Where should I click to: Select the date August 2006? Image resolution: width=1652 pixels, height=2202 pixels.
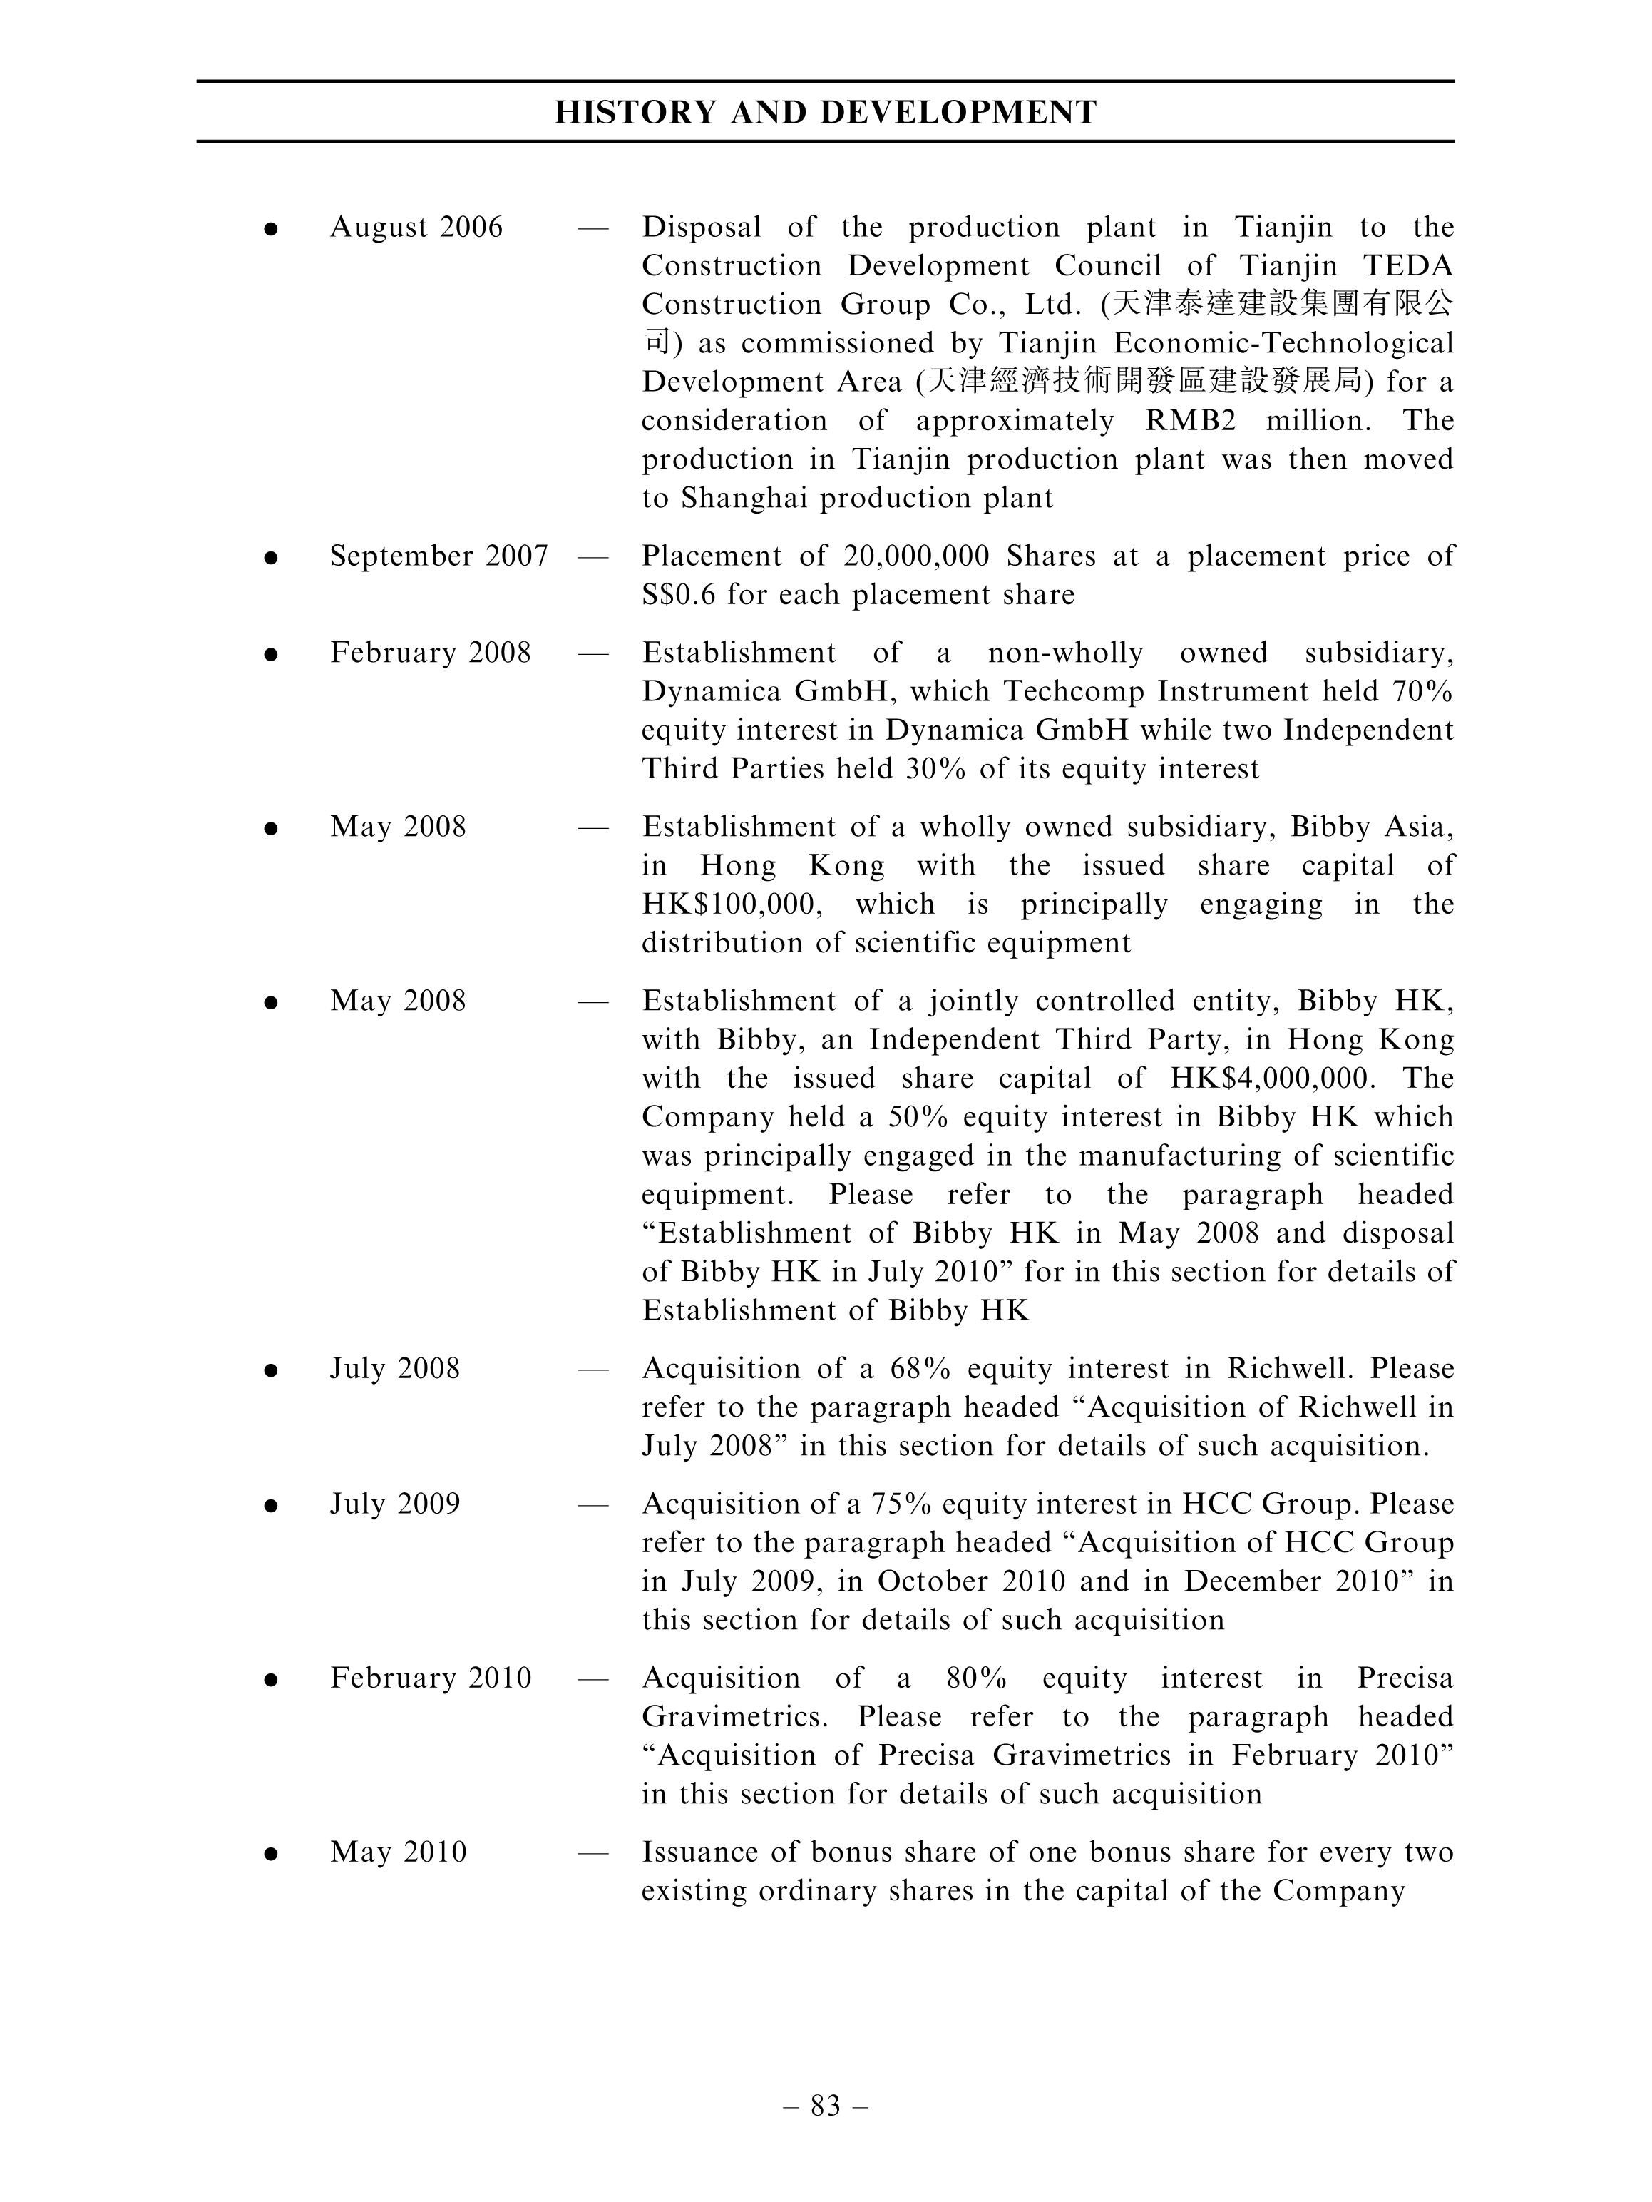(x=416, y=228)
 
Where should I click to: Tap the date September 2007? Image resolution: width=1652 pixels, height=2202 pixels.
(x=439, y=556)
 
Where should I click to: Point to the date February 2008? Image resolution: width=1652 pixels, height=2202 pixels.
(x=430, y=653)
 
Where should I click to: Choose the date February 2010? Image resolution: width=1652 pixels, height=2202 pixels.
(x=431, y=1678)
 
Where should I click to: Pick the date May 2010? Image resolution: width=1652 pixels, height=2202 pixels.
(x=398, y=1852)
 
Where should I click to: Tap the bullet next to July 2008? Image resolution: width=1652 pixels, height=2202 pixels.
(x=270, y=1371)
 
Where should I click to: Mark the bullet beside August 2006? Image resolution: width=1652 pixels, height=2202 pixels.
(x=270, y=230)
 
